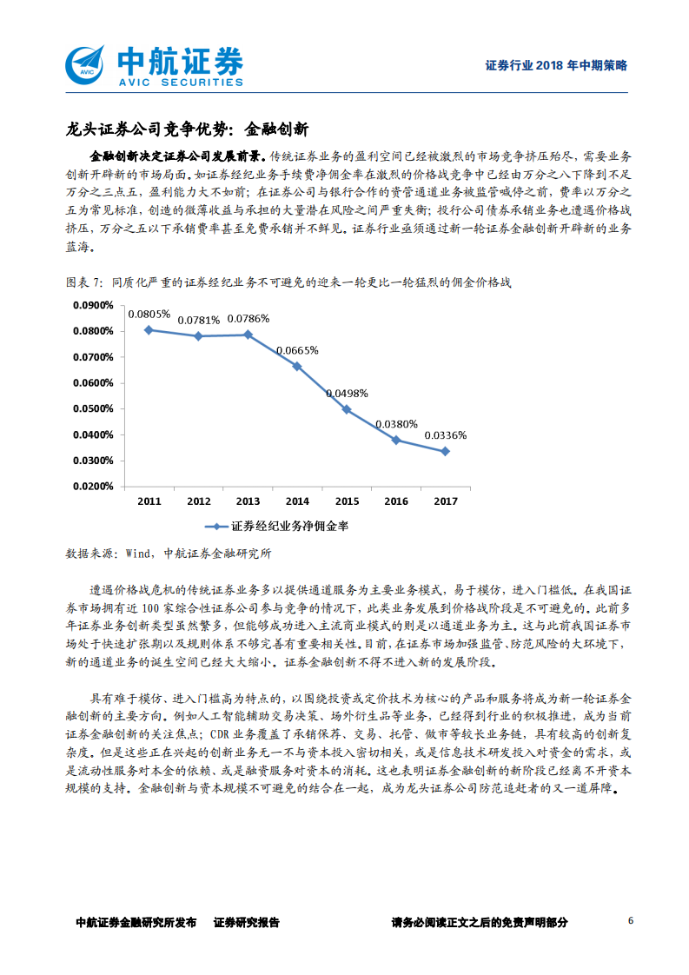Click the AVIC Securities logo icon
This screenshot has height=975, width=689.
(x=86, y=63)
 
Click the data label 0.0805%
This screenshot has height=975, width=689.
(x=149, y=315)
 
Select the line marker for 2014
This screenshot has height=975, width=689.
(x=297, y=366)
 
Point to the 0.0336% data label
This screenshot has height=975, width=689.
(x=445, y=436)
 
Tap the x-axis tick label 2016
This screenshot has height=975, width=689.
(x=395, y=501)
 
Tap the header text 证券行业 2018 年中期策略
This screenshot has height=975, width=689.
(x=556, y=65)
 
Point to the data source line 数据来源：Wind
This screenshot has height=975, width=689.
(x=169, y=553)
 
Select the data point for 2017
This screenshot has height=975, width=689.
(x=445, y=451)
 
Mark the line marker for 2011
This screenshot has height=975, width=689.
(x=149, y=329)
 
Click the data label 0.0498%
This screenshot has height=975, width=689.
(x=347, y=394)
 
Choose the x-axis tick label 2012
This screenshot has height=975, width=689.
(x=198, y=501)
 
